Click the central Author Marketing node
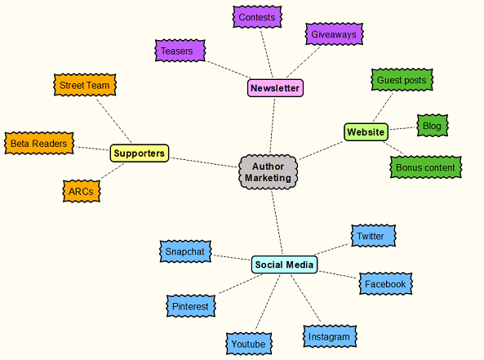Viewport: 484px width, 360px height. (x=268, y=171)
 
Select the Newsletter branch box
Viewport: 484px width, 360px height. (x=275, y=87)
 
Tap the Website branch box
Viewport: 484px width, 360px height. (x=366, y=131)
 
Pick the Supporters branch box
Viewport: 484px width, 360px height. (x=140, y=153)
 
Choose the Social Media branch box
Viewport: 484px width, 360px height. (x=284, y=264)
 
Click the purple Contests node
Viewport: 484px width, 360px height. (x=257, y=16)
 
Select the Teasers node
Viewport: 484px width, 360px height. (x=177, y=51)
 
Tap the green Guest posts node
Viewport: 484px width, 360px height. (x=401, y=80)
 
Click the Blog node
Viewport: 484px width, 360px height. (x=432, y=126)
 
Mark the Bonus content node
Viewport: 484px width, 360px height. (x=425, y=167)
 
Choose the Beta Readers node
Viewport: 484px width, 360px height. (x=38, y=144)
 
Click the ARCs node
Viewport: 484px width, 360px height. (x=82, y=192)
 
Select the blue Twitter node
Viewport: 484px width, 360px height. (x=371, y=236)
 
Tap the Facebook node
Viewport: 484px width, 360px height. (x=385, y=283)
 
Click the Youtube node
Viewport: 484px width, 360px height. (x=248, y=344)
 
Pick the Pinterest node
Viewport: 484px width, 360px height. (x=191, y=306)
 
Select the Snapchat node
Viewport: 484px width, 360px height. (x=184, y=251)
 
